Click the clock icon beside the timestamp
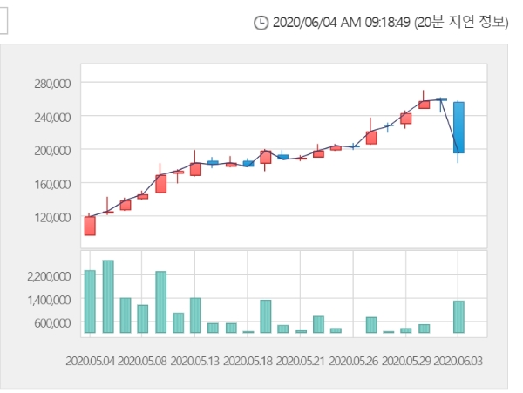coord(261,23)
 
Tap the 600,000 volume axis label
coord(50,322)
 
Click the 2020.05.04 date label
coord(89,360)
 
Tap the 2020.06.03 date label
coord(458,360)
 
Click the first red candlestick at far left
coord(90,226)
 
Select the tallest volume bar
coord(108,296)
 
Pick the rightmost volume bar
coord(458,316)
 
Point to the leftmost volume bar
coord(90,302)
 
